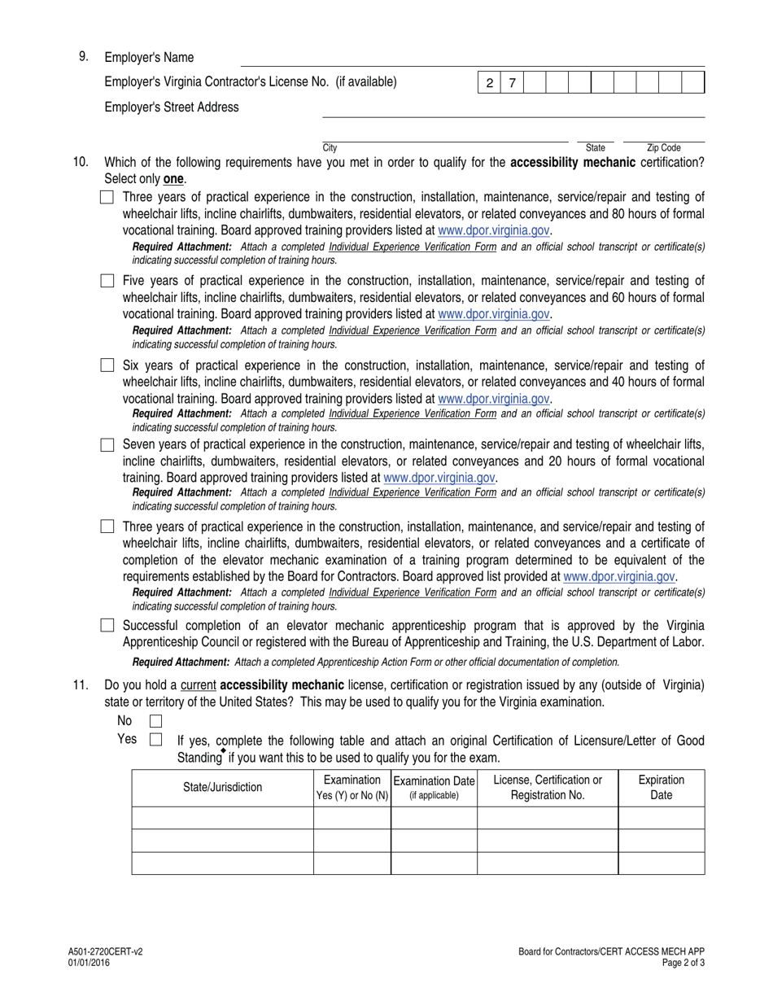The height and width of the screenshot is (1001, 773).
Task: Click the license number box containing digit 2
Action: (489, 83)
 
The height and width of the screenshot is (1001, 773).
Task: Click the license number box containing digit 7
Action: (512, 83)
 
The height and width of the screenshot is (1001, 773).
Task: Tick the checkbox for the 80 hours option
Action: (107, 197)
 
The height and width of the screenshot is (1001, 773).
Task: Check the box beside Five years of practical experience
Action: (107, 281)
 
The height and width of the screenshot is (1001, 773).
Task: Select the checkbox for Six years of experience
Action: (107, 365)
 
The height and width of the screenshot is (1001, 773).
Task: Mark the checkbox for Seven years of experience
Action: (107, 445)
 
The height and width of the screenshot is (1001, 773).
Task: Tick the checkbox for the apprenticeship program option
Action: (107, 626)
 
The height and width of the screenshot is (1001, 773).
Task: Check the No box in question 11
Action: (155, 721)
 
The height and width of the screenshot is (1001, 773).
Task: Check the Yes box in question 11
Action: (155, 740)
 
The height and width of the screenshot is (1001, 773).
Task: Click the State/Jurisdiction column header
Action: (222, 787)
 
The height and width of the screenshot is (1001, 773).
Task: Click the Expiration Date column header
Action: (661, 787)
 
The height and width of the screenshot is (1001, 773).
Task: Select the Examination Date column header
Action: (434, 787)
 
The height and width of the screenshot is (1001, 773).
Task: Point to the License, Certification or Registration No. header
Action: (547, 787)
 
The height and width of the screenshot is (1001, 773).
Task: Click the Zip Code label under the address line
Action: (663, 148)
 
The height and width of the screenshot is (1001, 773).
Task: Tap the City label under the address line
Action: (330, 148)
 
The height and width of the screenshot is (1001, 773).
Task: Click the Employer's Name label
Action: (149, 58)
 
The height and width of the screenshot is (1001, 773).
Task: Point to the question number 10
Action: (81, 162)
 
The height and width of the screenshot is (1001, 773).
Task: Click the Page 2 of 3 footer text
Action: (682, 962)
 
